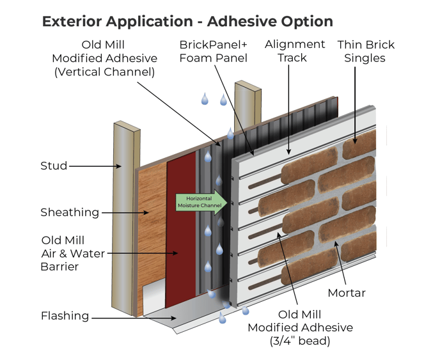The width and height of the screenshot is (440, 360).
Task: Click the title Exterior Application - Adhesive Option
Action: click(x=187, y=21)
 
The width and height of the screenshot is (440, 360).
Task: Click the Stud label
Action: click(x=54, y=166)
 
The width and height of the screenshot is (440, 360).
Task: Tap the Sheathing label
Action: click(x=70, y=212)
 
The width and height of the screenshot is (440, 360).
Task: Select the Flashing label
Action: click(x=65, y=316)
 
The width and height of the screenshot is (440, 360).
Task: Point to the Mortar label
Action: click(x=346, y=293)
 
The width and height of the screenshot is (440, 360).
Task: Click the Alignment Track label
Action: click(x=295, y=51)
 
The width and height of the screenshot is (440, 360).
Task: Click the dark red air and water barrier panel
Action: click(x=181, y=230)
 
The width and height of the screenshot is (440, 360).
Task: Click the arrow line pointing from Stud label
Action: click(x=95, y=167)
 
